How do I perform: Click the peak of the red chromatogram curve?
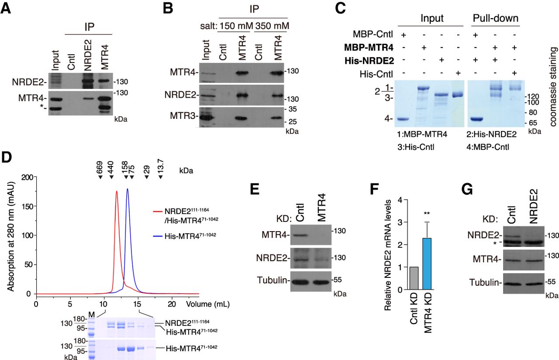click(x=117, y=191)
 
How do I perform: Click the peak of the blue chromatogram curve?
click(x=128, y=189)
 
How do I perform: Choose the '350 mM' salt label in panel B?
click(x=273, y=25)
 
